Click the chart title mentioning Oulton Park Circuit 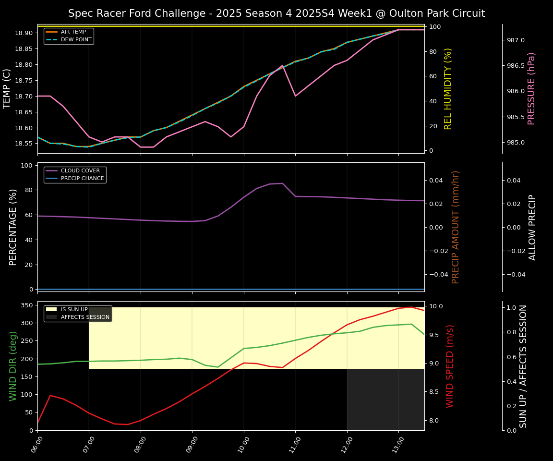pos(276,13)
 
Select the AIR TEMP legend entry pos(73,32)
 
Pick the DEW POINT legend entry pos(76,39)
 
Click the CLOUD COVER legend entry pos(80,171)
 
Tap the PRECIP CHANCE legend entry pos(82,179)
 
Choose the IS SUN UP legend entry pos(74,310)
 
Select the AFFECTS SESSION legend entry pos(85,317)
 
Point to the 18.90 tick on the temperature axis pos(24,33)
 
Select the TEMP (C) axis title pos(7,88)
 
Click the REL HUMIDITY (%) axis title pos(448,88)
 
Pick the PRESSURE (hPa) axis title pos(531,88)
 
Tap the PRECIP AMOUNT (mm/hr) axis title pos(456,227)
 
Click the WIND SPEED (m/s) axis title pos(450,366)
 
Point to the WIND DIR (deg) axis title pos(13,366)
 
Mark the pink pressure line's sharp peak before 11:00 pos(282,65)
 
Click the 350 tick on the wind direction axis pos(27,305)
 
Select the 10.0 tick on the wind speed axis pos(436,306)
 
